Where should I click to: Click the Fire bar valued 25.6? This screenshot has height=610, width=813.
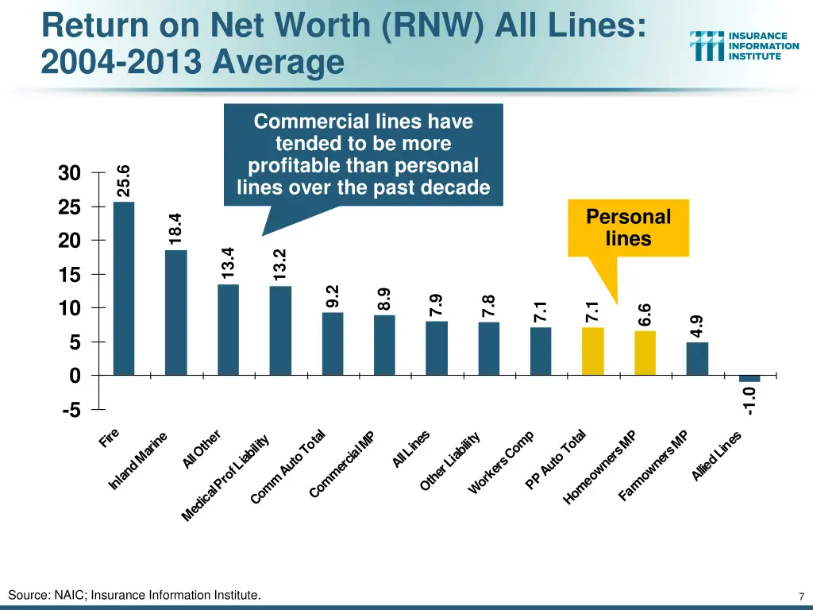coord(124,288)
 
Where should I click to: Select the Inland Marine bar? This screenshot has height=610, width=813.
coord(175,312)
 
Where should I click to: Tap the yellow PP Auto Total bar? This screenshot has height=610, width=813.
coord(592,350)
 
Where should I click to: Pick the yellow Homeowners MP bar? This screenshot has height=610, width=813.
coord(645,353)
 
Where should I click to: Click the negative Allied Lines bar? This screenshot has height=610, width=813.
coord(749,378)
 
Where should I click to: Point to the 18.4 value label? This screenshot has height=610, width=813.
coord(175,228)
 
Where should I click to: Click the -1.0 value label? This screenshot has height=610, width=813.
coord(749,400)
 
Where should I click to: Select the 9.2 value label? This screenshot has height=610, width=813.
coord(333,295)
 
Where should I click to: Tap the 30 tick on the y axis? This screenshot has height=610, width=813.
coord(69,173)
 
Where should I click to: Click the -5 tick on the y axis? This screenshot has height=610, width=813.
coord(69,411)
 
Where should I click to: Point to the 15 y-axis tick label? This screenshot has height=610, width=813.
coord(69,275)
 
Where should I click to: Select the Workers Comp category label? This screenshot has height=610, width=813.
coord(501,463)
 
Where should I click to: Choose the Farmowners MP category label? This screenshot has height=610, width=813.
coord(653,466)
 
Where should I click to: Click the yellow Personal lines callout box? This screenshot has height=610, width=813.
coord(628,228)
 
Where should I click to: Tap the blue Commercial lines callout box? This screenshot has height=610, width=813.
coord(363,155)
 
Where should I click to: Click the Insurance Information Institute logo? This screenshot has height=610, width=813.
coord(744,46)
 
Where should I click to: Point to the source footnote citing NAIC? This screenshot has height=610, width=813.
coord(134,595)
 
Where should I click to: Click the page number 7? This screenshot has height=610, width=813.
coord(802,596)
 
